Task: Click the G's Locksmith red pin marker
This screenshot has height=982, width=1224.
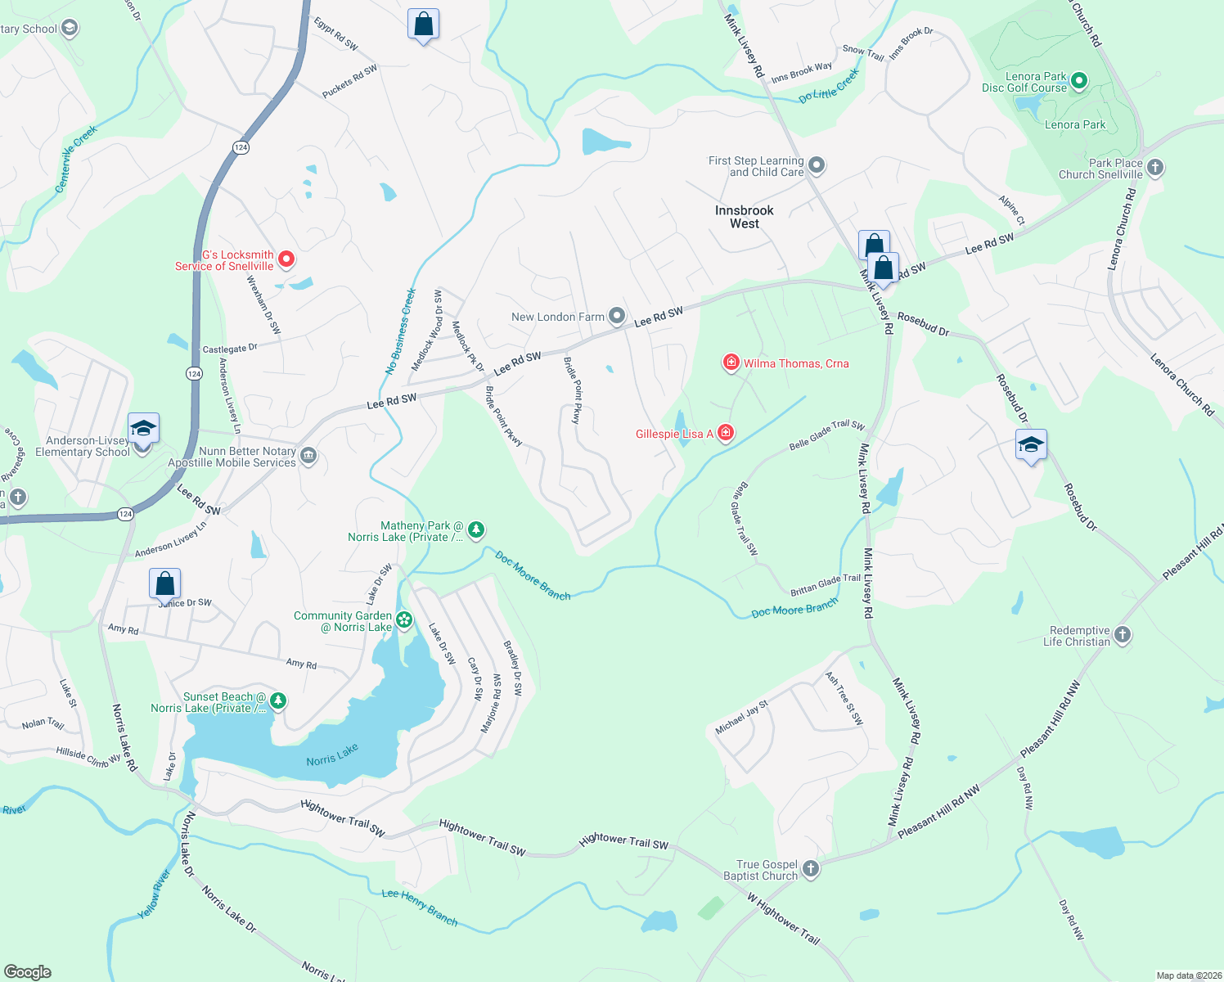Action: coord(286,259)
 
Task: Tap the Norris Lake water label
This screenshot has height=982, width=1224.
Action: coord(332,755)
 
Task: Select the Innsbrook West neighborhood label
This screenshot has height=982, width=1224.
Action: coord(744,217)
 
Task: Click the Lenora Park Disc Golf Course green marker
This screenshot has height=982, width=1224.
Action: coord(1078,81)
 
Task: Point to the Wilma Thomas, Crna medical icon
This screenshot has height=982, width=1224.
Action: coord(731,363)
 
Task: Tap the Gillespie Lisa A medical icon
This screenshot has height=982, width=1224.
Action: coord(725,433)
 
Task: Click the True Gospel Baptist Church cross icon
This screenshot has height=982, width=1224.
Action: coord(810,869)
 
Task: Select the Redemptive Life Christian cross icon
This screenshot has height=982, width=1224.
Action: coord(1123,635)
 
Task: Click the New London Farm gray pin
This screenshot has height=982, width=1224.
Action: coord(617,316)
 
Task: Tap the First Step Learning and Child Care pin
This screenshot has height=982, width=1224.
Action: coord(816,166)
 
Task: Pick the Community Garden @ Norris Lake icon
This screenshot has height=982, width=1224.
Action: coord(404,620)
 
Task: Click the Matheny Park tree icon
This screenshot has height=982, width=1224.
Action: coord(475,530)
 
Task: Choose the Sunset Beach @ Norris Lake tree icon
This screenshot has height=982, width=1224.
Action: coord(278,701)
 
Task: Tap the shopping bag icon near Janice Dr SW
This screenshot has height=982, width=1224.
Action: coord(164,584)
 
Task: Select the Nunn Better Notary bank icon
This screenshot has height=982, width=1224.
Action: coord(308,456)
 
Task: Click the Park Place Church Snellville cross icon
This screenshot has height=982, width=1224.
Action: coord(1154,168)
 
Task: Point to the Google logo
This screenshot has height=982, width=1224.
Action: coord(27,971)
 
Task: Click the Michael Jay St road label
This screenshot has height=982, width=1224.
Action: coord(741,717)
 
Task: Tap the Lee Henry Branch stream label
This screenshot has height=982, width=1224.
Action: coord(420,907)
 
